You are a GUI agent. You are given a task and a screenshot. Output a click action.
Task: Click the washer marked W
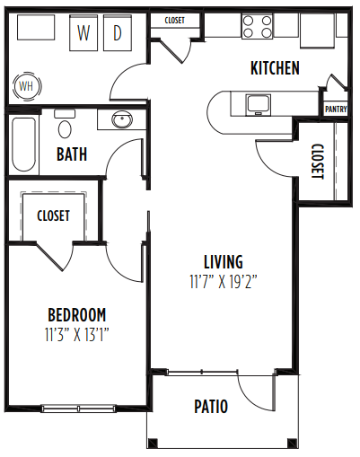click(84, 34)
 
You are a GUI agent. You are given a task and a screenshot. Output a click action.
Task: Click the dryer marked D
click(118, 34)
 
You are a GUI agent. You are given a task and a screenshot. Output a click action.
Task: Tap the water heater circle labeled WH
click(24, 87)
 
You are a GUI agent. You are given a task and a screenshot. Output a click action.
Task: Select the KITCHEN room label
click(274, 68)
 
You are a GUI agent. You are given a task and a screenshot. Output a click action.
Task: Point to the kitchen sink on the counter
click(259, 103)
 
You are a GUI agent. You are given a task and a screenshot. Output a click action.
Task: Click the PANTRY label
click(336, 110)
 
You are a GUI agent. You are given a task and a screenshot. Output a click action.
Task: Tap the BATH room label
click(72, 154)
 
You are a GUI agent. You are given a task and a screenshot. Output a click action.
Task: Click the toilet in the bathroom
click(64, 123)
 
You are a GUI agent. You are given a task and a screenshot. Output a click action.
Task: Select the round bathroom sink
click(121, 119)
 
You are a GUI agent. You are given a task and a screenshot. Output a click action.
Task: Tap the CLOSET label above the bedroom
click(53, 215)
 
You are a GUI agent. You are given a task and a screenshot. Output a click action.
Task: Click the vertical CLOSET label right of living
click(317, 162)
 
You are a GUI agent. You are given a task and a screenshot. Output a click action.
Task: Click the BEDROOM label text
click(76, 314)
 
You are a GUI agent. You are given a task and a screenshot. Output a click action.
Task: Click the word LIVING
click(223, 261)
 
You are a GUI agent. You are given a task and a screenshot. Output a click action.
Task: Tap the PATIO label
click(211, 407)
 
